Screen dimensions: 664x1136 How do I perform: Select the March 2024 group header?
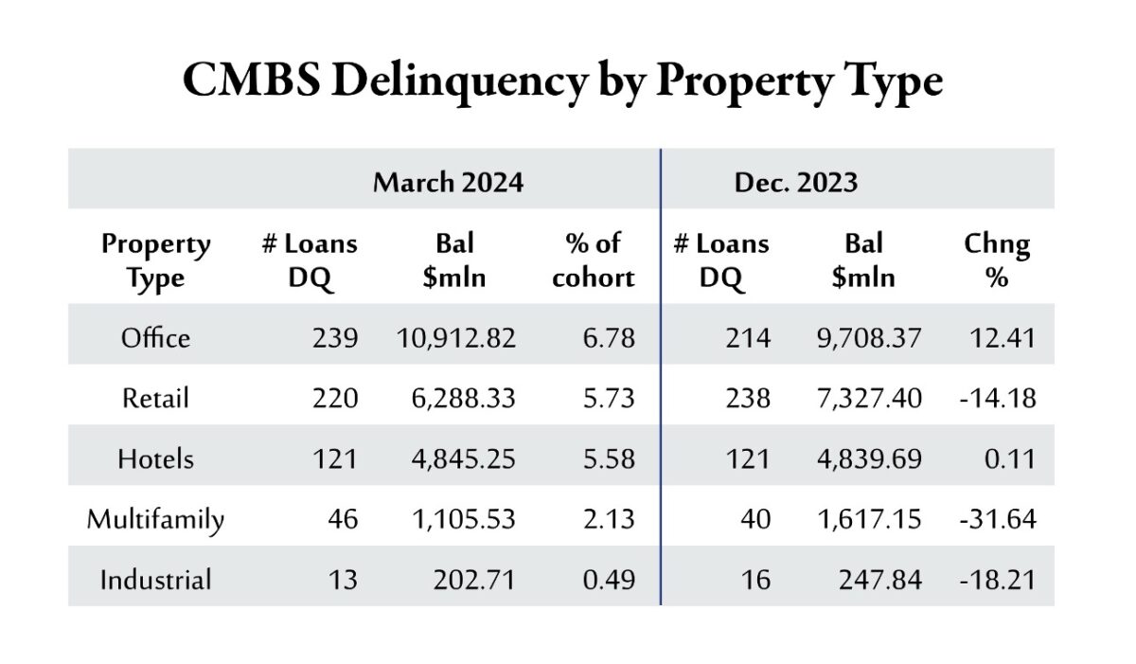coord(448,182)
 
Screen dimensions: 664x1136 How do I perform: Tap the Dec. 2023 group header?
coord(795,182)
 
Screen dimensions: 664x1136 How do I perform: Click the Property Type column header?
coord(155,260)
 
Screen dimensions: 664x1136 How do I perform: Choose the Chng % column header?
coord(996,260)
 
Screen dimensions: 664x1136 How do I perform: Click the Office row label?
coord(155,337)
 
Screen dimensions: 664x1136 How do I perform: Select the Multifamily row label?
coord(155,519)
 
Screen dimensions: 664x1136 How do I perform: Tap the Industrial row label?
coord(155,580)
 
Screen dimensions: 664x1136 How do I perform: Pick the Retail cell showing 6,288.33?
coord(456,398)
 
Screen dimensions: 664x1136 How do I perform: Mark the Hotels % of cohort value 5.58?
coord(609,458)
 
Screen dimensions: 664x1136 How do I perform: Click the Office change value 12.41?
coord(1003,337)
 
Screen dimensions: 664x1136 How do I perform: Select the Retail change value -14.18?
coord(999,398)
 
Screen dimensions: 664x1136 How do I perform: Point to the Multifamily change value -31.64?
coord(999,519)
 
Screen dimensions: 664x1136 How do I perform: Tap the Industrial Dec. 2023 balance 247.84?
coord(879,580)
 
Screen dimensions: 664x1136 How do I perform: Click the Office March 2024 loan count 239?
coord(335,337)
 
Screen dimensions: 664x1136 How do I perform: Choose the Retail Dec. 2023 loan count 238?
coord(748,398)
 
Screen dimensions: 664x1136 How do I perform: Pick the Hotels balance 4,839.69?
coord(868,458)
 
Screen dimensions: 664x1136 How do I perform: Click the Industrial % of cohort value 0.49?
coord(609,580)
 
